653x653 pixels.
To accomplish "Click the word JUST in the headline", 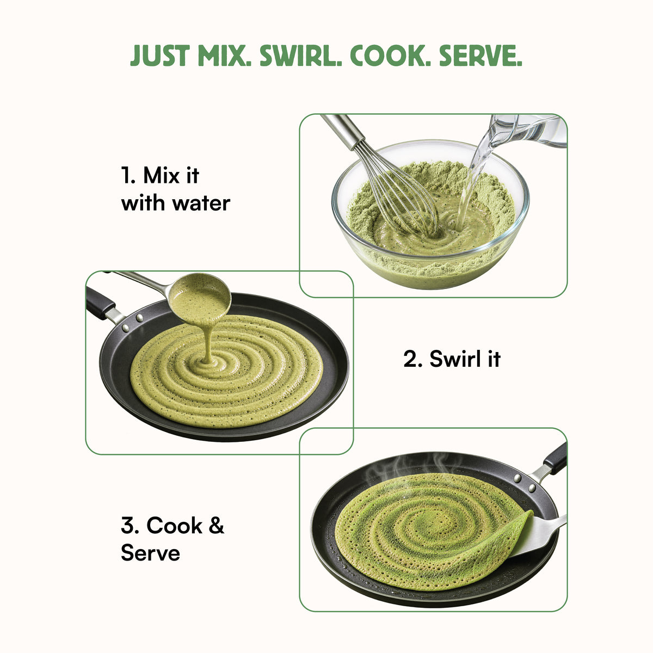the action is click(160, 56).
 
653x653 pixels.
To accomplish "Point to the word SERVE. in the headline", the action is click(480, 56).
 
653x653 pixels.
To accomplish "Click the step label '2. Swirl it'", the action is click(452, 359).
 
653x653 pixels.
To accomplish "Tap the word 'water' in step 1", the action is click(201, 204).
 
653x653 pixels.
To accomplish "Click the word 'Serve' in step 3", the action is click(150, 553).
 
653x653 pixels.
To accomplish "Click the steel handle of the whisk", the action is click(343, 130).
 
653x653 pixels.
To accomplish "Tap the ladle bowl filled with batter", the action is click(200, 298).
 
